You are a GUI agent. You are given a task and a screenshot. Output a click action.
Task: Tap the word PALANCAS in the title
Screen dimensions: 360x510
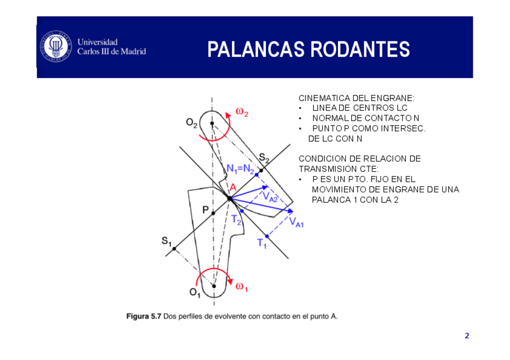[247, 50]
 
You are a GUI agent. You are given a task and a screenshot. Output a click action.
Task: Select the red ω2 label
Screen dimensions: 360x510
[242, 112]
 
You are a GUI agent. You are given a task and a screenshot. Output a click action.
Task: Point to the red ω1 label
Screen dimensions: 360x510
[242, 287]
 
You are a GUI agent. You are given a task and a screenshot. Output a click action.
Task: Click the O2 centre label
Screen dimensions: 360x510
[192, 123]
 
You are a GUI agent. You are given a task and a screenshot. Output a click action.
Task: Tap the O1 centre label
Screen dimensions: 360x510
[195, 292]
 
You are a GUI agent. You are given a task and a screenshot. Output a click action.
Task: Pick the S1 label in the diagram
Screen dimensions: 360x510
[167, 241]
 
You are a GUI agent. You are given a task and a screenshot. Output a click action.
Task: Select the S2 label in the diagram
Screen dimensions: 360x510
[264, 158]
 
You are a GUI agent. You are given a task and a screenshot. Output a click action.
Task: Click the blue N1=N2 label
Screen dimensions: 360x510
[240, 168]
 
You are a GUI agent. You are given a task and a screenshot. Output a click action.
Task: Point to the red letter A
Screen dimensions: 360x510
[232, 188]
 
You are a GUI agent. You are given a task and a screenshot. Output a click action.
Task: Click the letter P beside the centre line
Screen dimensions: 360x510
[205, 210]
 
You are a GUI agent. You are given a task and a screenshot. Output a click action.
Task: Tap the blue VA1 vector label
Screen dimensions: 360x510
[296, 223]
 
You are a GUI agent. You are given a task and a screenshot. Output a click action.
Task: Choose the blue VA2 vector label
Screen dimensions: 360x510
[269, 196]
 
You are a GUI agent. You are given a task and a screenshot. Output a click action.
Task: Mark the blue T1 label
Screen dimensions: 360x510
[262, 243]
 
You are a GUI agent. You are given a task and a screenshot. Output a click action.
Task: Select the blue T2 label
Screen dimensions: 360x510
[236, 220]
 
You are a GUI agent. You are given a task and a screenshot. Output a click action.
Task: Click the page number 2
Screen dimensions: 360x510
[466, 335]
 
